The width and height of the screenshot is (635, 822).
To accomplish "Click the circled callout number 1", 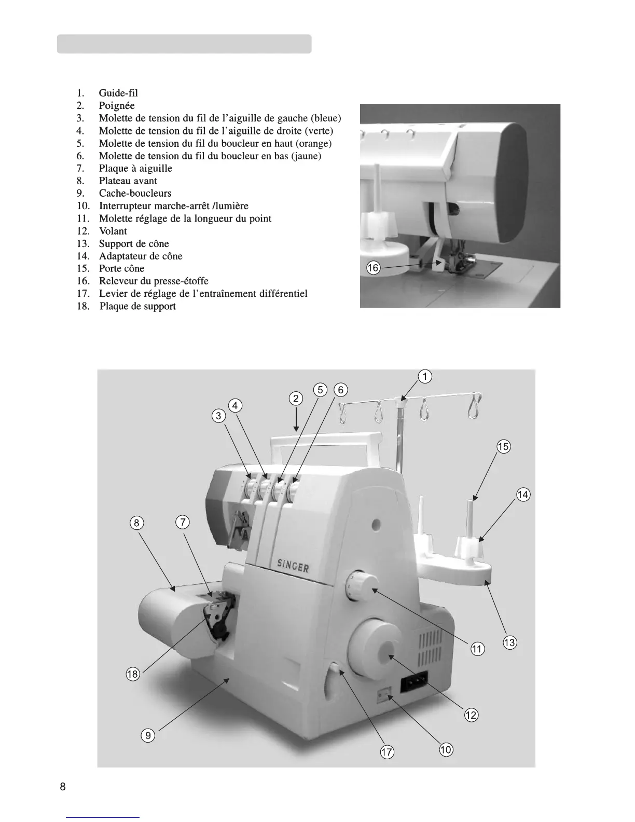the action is tap(424, 377).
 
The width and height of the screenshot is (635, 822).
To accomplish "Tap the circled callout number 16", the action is tap(374, 268).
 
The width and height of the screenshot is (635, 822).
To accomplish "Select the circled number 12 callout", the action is tap(471, 715).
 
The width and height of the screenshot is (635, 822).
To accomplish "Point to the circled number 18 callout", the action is tap(133, 675).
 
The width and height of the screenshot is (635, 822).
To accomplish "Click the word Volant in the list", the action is tap(113, 231).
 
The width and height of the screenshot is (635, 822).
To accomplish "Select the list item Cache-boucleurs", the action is tap(135, 194).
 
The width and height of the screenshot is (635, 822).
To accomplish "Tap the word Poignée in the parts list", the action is tap(117, 106).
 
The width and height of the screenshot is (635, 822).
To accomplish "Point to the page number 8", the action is tap(63, 786).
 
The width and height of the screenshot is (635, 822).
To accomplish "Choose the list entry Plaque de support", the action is tap(137, 306).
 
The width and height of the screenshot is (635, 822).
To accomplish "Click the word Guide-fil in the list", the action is tap(118, 93).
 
